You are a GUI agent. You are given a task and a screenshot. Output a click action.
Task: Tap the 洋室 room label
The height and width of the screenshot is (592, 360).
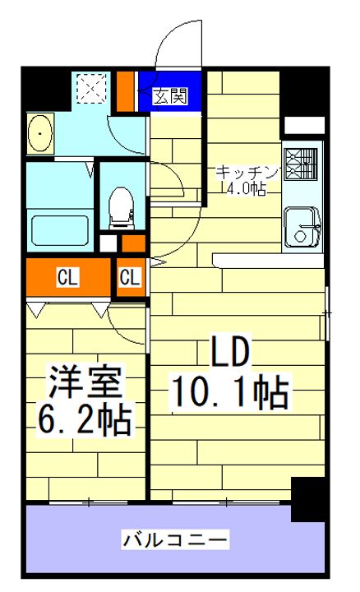(85, 383)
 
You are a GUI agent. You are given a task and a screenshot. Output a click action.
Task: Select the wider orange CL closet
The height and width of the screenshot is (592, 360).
(67, 278)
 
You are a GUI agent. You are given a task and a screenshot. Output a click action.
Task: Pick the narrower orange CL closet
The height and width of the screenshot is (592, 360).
(130, 278)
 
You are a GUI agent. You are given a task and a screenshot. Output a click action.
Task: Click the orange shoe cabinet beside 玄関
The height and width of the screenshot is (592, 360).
(125, 92)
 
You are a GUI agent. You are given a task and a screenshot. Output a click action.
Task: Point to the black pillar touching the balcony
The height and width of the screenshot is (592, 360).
(309, 498)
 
